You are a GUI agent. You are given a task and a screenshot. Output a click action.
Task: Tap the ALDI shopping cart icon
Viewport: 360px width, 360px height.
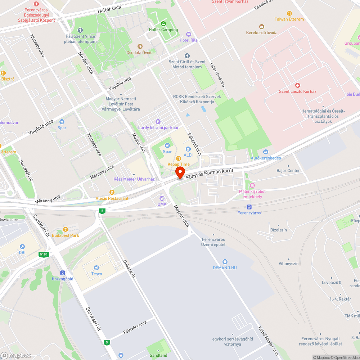click(188, 149)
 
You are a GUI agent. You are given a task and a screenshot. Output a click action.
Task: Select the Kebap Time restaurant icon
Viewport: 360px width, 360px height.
click(178, 158)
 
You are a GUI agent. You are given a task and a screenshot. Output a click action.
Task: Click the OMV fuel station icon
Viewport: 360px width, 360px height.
click(162, 198)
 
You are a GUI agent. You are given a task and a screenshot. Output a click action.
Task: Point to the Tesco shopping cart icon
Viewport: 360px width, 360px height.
click(96, 267)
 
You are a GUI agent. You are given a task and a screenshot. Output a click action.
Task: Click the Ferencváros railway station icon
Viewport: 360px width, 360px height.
click(249, 207)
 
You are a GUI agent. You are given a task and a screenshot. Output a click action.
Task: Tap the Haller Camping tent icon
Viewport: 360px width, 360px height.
click(163, 24)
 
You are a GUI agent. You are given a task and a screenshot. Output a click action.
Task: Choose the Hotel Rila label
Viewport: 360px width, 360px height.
click(189, 40)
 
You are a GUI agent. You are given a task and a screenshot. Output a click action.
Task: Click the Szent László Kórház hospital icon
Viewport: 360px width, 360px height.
click(297, 85)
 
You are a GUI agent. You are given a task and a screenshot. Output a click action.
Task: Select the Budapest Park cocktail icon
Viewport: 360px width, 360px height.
click(65, 229)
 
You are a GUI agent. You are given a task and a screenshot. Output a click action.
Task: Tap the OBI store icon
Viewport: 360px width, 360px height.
click(22, 247)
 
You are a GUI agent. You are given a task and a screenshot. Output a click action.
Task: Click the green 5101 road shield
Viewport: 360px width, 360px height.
click(44, 255)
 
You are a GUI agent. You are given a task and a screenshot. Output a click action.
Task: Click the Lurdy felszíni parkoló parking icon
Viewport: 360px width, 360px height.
click(157, 121)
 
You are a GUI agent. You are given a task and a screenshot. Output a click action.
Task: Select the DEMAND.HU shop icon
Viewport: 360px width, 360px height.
click(225, 262)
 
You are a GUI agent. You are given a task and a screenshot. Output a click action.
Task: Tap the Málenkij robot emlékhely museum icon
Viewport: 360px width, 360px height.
click(252, 185)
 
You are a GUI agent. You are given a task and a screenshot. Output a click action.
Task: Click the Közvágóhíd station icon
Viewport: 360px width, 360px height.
click(63, 273)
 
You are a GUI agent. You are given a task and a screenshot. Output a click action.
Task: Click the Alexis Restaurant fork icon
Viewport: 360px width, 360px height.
click(112, 192)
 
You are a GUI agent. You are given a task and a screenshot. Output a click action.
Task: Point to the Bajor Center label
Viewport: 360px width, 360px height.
click(288, 171)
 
